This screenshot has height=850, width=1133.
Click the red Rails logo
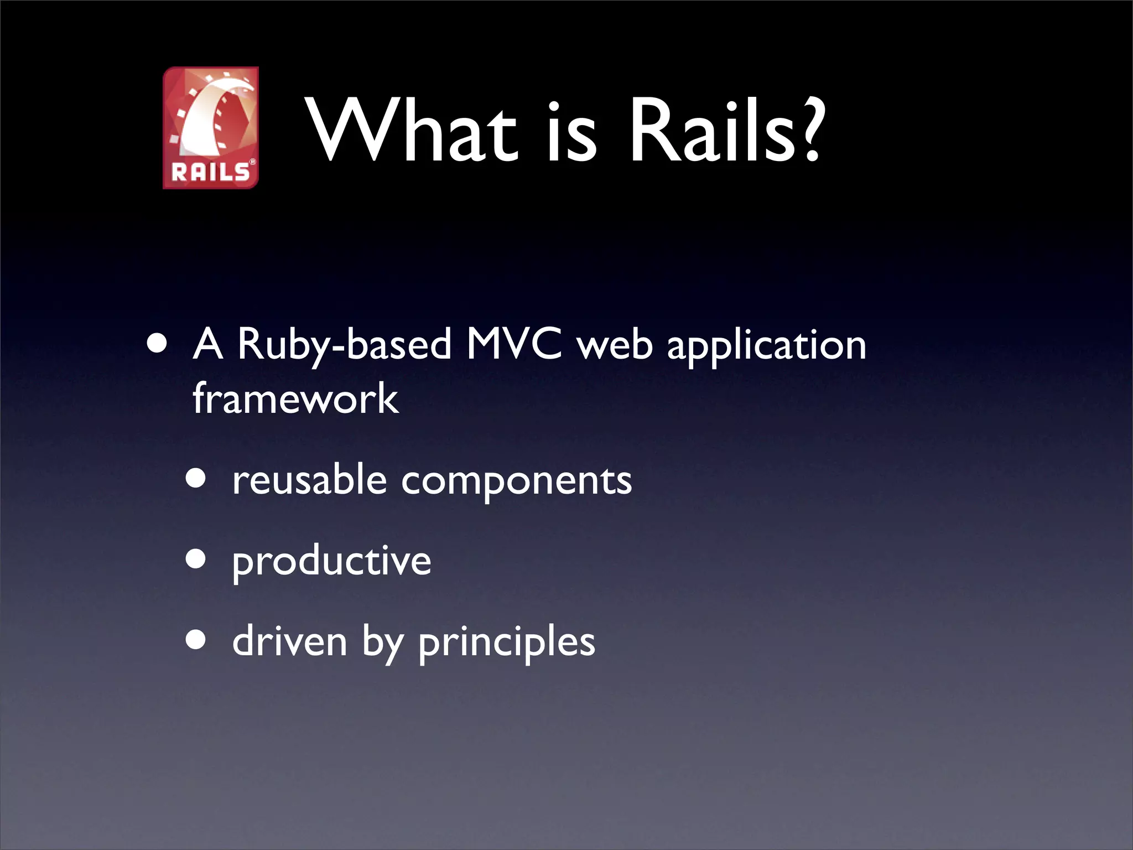pos(211,127)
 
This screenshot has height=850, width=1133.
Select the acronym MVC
pos(514,344)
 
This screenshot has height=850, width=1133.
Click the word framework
pos(295,398)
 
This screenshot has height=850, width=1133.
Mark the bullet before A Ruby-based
pos(158,344)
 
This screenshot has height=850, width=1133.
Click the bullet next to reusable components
pos(196,478)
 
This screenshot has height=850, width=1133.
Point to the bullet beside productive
pos(196,559)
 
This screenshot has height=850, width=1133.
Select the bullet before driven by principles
pos(196,640)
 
